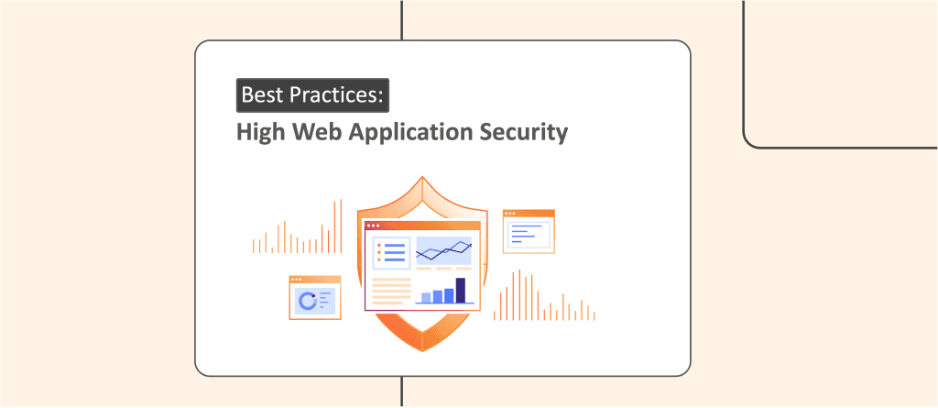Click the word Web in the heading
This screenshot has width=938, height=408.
point(311,132)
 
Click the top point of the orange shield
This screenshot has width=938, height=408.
point(422,179)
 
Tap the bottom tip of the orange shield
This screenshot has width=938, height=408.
point(422,349)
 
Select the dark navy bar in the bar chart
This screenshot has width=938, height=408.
point(461,290)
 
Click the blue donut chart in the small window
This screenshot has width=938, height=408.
point(309,299)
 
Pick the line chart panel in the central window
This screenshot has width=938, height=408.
point(443,251)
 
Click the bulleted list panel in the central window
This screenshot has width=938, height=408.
point(391,253)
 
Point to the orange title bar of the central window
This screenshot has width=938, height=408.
point(422,226)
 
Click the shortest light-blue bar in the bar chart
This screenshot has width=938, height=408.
point(426,297)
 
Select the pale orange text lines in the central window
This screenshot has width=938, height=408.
point(391,292)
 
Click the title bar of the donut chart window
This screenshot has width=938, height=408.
point(315,280)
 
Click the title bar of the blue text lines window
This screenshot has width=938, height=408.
point(529,214)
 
